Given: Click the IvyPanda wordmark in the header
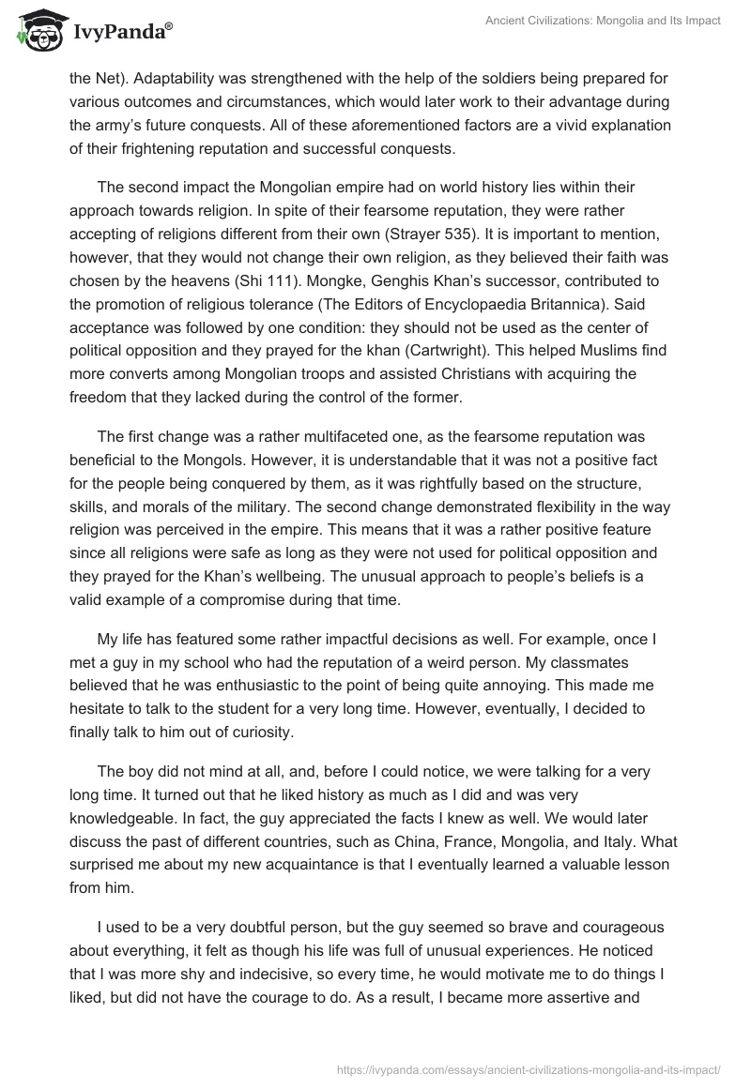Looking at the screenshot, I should (x=119, y=32).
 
